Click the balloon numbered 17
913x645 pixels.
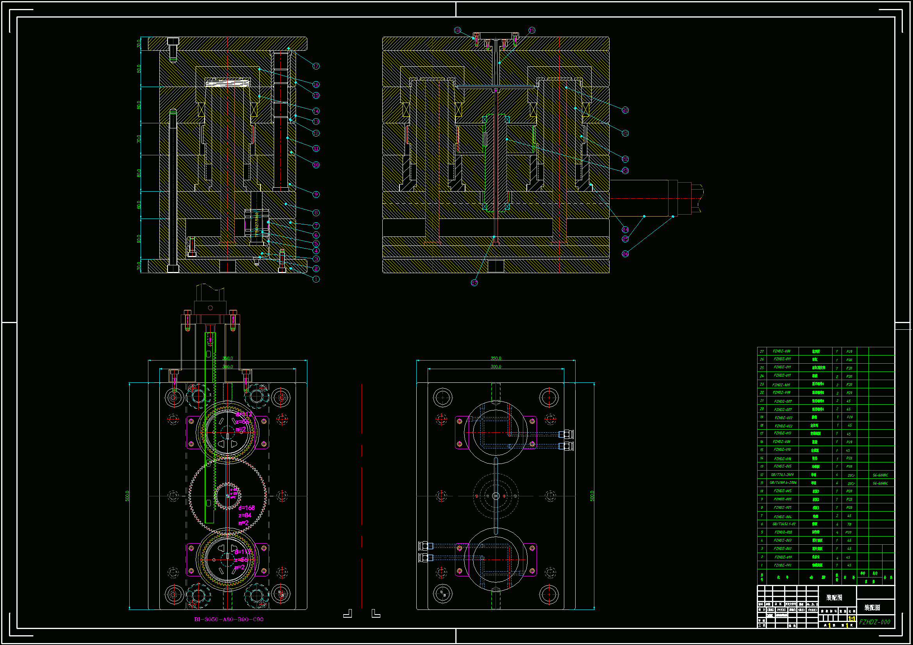coord(316,66)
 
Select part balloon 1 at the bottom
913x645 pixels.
coord(316,279)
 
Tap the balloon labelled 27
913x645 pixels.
coord(474,283)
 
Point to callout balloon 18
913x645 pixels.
coord(457,30)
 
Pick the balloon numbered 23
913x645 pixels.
coord(625,171)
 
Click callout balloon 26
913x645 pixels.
coord(625,254)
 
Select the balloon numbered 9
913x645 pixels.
coord(316,194)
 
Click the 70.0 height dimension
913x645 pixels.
coord(139,139)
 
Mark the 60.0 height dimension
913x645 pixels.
coord(139,205)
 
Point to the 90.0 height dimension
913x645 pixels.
coord(139,239)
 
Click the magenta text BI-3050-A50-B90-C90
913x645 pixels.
coord(229,619)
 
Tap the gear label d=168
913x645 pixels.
coord(246,508)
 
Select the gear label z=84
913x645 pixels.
coord(245,515)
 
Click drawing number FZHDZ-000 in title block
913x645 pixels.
coord(874,622)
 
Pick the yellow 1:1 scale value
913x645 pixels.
coord(852,619)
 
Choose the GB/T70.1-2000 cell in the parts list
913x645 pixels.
coord(782,474)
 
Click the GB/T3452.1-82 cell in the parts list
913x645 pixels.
coord(782,524)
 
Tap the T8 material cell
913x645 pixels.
coord(849,524)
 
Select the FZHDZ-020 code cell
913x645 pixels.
coord(783,532)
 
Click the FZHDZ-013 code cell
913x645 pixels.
coord(783,433)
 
